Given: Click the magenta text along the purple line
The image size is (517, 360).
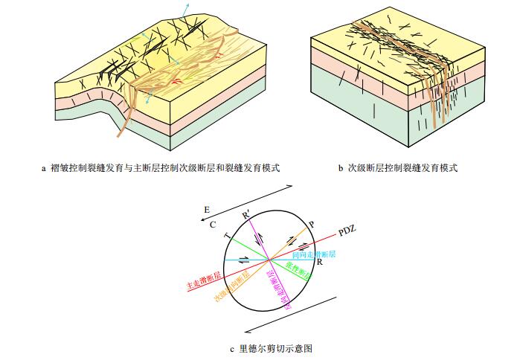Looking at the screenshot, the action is coord(276,286).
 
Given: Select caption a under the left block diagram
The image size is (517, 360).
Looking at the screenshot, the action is coord(164,168).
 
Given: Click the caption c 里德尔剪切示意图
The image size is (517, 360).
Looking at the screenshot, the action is coord(269,347).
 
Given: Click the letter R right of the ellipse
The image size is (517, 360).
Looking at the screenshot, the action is coord(318,263).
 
